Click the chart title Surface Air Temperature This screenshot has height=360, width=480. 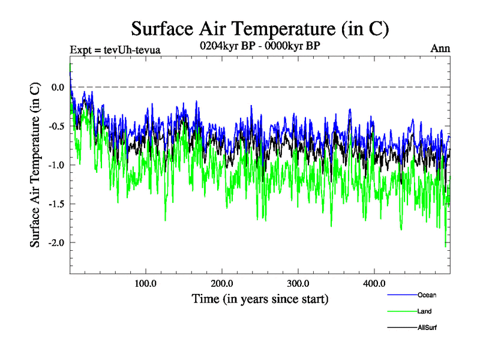(x=260, y=28)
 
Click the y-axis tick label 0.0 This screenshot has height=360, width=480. (x=58, y=88)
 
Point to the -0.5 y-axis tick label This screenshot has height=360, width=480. (x=56, y=127)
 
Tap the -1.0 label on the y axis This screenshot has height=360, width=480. (x=56, y=166)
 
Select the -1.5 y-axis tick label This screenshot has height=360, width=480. (x=56, y=204)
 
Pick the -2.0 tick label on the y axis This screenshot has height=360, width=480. (x=56, y=243)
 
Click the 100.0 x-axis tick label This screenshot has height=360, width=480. (x=146, y=283)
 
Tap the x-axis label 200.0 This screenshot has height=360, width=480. (x=222, y=283)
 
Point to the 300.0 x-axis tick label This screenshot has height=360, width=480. (x=298, y=283)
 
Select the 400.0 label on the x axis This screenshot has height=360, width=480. (x=374, y=283)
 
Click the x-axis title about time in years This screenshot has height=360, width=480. (x=260, y=298)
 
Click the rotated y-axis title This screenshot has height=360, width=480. (x=35, y=165)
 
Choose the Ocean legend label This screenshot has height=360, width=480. (x=427, y=295)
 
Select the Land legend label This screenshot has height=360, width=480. (x=424, y=311)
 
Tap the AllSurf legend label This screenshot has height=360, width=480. (x=427, y=328)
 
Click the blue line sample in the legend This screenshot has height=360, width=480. (x=401, y=295)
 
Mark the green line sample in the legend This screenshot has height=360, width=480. (x=401, y=311)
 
